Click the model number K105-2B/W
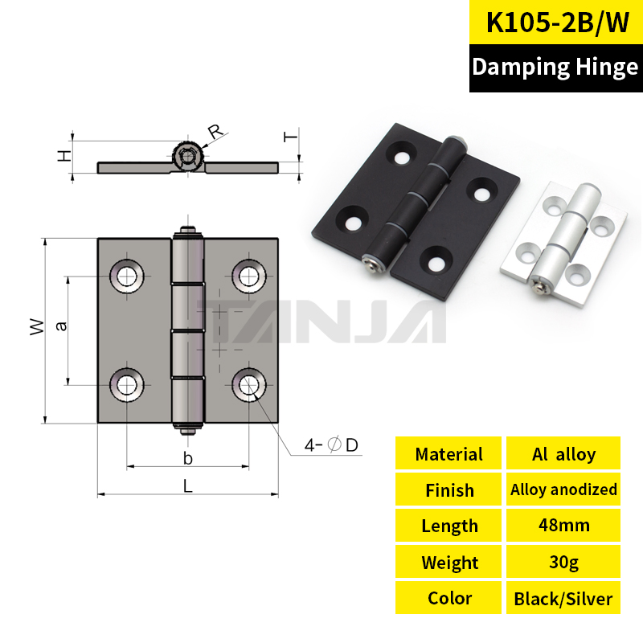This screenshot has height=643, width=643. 557,23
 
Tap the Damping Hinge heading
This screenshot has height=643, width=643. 555,67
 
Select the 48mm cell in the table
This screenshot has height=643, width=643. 563,526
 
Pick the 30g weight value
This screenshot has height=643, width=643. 563,561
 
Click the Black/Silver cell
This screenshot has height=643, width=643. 563,598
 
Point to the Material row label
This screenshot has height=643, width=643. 448,453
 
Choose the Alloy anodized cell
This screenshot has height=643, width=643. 563,489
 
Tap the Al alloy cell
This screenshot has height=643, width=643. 563,453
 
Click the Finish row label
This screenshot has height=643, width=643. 448,489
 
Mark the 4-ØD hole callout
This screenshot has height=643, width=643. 331,444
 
